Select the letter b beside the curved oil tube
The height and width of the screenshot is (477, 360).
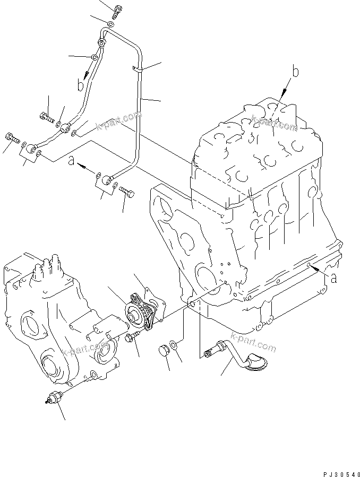pos(80,84)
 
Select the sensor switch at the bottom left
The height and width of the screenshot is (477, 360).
pos(54,398)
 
